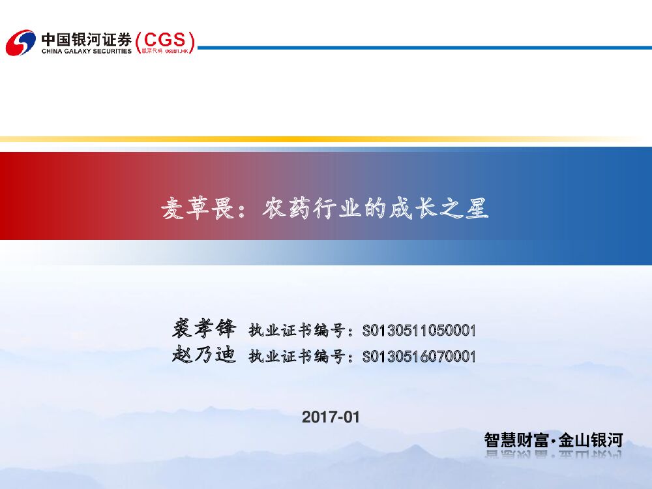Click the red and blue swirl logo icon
pos(20,42)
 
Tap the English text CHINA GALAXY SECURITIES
pos(86,51)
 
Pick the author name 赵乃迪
pos(203,355)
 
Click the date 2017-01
pos(331,417)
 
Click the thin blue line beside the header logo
pos(424,48)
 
